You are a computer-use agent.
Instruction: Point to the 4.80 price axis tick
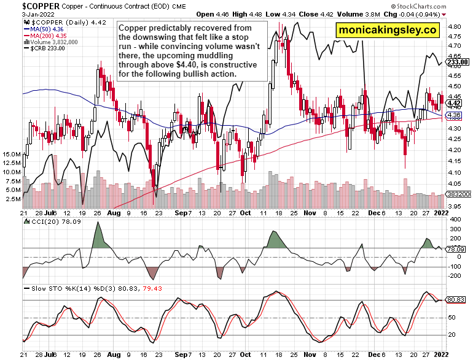(455, 27)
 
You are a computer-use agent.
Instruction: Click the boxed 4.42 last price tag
(454, 103)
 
